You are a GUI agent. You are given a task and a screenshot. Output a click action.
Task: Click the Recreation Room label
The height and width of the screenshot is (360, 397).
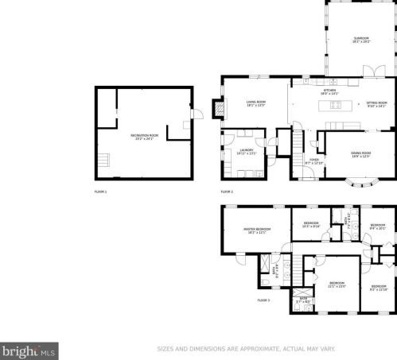[x=145, y=137]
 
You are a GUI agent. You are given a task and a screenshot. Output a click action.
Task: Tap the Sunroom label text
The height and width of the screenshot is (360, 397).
[x=360, y=41]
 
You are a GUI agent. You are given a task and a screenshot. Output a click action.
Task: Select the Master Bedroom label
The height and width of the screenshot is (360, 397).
[x=256, y=230]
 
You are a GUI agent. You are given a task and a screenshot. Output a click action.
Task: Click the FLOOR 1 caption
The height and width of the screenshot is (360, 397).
[x=101, y=192]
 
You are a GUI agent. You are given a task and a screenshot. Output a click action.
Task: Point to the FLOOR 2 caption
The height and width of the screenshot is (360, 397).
[x=228, y=192]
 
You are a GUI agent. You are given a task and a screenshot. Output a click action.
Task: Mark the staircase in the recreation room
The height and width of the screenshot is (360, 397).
[x=105, y=161]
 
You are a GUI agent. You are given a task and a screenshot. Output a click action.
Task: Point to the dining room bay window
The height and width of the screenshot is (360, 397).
[x=362, y=187]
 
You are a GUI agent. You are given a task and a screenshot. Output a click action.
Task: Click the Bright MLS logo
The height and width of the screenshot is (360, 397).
[x=29, y=349]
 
